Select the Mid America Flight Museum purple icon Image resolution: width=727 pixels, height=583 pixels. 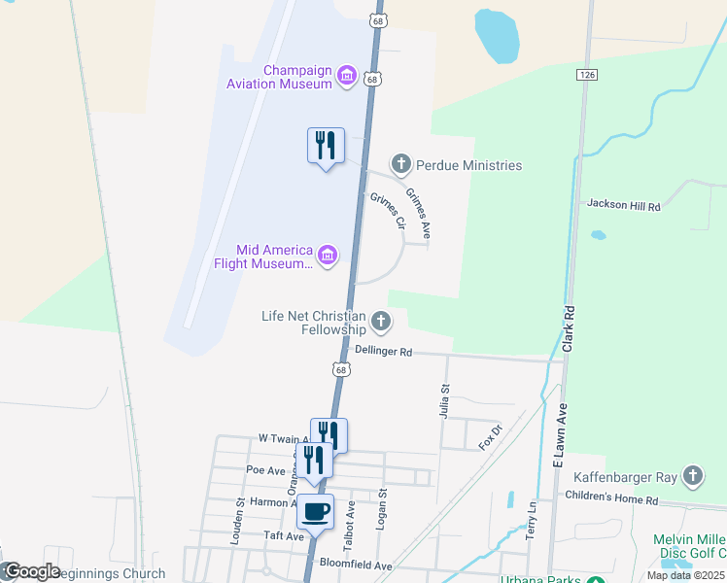(x=328, y=256)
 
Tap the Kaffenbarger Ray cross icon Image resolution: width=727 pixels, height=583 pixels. (x=692, y=475)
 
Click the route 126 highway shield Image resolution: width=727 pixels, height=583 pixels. (x=586, y=74)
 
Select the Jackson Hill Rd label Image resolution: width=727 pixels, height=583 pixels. (x=623, y=206)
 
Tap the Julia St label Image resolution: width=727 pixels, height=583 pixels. (x=446, y=401)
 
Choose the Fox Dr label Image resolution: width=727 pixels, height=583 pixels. (x=490, y=437)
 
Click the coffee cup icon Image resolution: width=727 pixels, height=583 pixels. (x=315, y=511)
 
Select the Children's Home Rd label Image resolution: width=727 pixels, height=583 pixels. (x=611, y=498)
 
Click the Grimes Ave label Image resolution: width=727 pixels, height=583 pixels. (x=419, y=213)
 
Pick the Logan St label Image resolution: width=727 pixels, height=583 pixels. (x=383, y=509)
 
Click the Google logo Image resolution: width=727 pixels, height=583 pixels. (x=31, y=571)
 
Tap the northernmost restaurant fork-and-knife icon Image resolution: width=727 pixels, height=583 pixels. (x=325, y=146)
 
